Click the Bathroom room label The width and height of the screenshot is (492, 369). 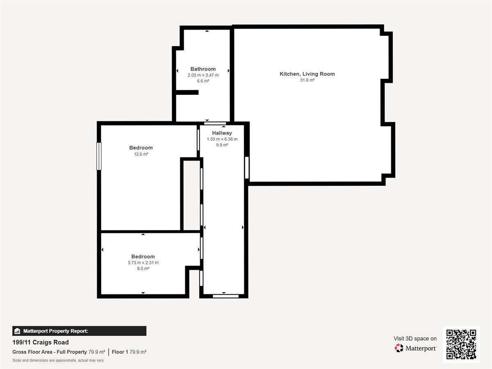point(203,69)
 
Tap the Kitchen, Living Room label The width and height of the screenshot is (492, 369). point(307,74)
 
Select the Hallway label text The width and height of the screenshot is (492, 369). point(222,133)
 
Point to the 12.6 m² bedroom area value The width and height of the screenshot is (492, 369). point(141,154)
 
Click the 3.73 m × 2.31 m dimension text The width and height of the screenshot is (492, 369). point(143,262)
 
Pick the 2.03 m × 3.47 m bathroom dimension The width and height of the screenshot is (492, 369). point(203,75)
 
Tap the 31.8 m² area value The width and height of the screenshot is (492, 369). point(307,80)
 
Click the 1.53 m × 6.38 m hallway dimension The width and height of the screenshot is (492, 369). point(222,139)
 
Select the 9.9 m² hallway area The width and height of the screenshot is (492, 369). point(222,145)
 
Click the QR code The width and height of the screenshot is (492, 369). point(461,344)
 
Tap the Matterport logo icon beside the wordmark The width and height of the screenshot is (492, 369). point(399,348)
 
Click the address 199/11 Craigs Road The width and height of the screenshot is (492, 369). point(41,342)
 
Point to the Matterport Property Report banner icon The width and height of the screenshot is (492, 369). point(17,331)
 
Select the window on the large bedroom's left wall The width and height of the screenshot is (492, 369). point(99,156)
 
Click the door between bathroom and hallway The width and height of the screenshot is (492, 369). point(215,123)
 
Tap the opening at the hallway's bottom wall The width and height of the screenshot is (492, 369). point(225,296)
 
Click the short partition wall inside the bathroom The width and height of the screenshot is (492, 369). point(187,92)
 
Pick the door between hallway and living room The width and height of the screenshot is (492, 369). point(247,168)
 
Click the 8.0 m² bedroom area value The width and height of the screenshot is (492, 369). point(143,269)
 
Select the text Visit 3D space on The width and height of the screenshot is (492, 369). point(415,339)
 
